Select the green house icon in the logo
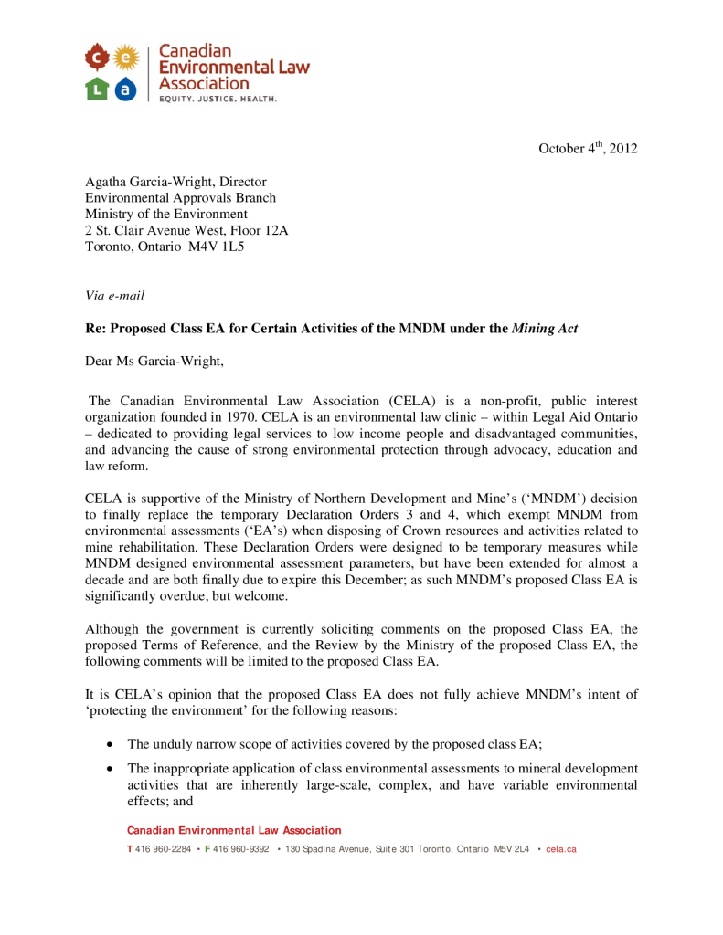point(96,89)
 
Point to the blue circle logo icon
point(127,89)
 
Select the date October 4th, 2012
point(586,149)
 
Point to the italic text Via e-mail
point(114,295)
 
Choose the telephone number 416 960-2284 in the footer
point(164,849)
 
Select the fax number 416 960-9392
point(240,849)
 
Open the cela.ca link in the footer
point(561,849)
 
